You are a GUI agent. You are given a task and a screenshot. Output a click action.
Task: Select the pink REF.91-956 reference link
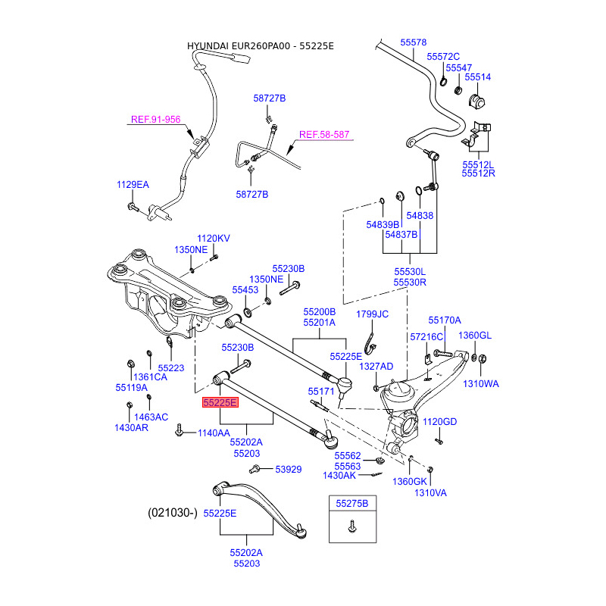tap(155, 119)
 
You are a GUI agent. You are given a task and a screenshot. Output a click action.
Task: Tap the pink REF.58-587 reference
tap(323, 135)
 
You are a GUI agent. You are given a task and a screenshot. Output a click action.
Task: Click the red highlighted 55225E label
tap(220, 403)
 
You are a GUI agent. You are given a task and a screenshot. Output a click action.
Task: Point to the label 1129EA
tap(133, 184)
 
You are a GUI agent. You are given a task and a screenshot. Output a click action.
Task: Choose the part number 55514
tap(478, 77)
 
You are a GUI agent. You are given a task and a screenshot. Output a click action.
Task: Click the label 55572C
tap(443, 57)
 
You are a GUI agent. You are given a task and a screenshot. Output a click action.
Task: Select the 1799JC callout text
tap(372, 314)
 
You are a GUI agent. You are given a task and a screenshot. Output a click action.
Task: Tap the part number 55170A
tap(444, 320)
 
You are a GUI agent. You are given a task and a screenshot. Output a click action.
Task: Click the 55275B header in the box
tap(352, 503)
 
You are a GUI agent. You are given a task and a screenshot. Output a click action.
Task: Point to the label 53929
tap(288, 470)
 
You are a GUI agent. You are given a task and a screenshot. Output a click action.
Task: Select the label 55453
tap(245, 290)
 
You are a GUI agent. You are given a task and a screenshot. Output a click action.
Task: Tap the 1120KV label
tap(213, 239)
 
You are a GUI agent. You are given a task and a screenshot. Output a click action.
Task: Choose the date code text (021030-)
tap(172, 513)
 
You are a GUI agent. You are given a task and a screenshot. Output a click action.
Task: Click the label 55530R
tap(409, 282)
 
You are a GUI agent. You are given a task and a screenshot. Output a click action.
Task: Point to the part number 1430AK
tap(339, 475)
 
